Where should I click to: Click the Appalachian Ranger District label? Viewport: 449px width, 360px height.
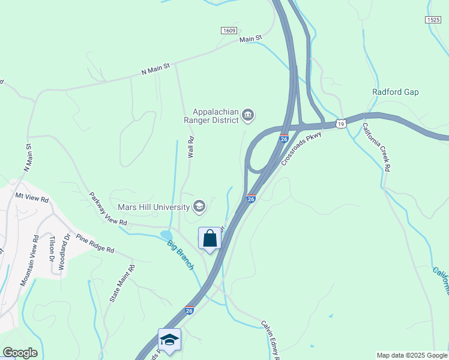[x=215, y=115]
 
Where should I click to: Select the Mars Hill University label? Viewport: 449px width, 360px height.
[x=153, y=207]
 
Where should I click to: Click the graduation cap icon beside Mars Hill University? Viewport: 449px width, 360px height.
[x=199, y=207]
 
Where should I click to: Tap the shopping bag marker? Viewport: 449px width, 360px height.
[x=210, y=238]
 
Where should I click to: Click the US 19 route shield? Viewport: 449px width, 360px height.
[x=341, y=124]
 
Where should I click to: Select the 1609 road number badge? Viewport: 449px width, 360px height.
[x=228, y=31]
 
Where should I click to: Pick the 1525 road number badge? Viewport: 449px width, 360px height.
[x=433, y=20]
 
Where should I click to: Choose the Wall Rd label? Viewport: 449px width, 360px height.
[x=191, y=147]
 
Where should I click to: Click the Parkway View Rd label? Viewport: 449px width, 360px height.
[x=108, y=209]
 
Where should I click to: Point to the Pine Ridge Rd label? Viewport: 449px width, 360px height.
[x=94, y=242]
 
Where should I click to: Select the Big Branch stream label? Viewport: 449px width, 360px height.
[x=180, y=254]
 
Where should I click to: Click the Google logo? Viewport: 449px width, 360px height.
[x=20, y=353]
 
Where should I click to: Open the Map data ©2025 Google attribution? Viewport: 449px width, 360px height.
[x=411, y=355]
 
